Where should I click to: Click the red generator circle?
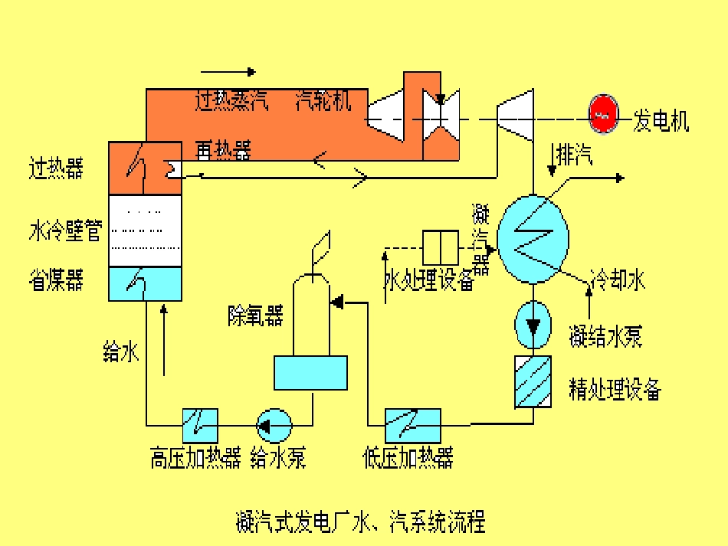tap(603, 114)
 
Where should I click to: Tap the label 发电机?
tap(661, 120)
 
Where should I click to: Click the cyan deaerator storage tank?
tap(310, 373)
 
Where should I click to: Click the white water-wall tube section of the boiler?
tap(145, 230)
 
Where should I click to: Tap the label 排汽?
tap(574, 156)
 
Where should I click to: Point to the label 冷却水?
tap(618, 280)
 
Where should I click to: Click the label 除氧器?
tap(255, 316)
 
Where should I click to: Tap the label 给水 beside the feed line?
tap(121, 352)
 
